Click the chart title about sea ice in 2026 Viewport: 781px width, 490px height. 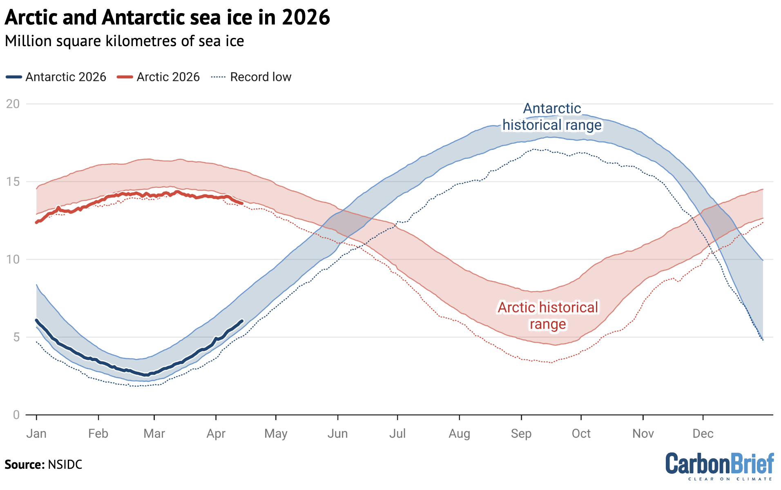[x=167, y=17]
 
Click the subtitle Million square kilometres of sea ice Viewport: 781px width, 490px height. [x=124, y=41]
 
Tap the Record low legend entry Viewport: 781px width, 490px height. [x=251, y=77]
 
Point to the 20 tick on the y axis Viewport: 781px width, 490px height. [x=13, y=104]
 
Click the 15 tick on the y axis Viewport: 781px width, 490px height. [x=13, y=182]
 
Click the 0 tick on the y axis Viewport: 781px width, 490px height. [x=16, y=415]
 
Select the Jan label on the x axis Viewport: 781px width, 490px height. [x=36, y=433]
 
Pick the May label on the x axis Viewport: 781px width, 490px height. [x=276, y=433]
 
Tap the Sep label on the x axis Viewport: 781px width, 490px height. [x=521, y=433]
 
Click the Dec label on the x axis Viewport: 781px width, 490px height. [x=703, y=433]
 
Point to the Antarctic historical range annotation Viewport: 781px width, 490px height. [x=552, y=117]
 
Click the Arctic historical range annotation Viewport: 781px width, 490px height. [x=548, y=316]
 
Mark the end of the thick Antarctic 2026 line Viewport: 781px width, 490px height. [x=242, y=321]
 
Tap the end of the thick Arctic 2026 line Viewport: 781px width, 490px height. [x=242, y=203]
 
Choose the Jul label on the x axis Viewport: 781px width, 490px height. [x=397, y=433]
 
